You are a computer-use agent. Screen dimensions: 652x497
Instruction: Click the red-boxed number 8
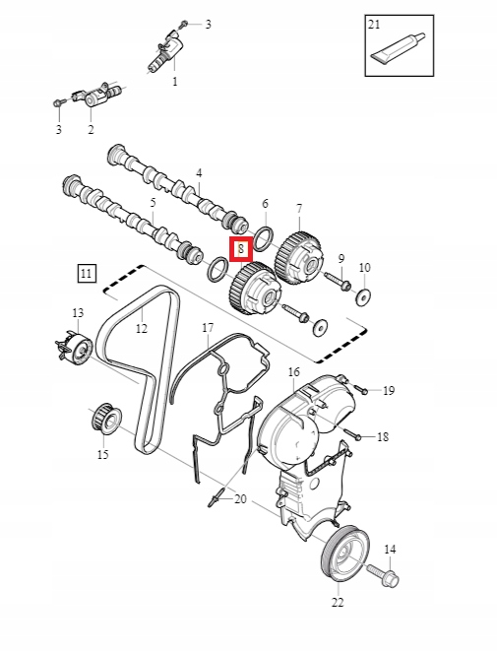tap(241, 250)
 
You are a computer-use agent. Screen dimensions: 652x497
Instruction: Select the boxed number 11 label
tap(89, 274)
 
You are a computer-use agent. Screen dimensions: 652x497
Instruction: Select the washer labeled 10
tap(364, 296)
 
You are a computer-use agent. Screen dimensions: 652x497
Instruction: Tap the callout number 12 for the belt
tap(141, 328)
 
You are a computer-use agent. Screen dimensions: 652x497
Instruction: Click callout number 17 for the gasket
tap(208, 327)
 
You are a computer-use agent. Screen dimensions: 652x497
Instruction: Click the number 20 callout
tap(240, 499)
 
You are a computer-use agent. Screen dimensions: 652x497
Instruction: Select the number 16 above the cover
tap(293, 371)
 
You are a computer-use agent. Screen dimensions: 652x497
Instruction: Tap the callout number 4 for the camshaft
tap(199, 173)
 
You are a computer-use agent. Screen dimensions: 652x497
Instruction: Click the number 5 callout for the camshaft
tap(153, 203)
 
